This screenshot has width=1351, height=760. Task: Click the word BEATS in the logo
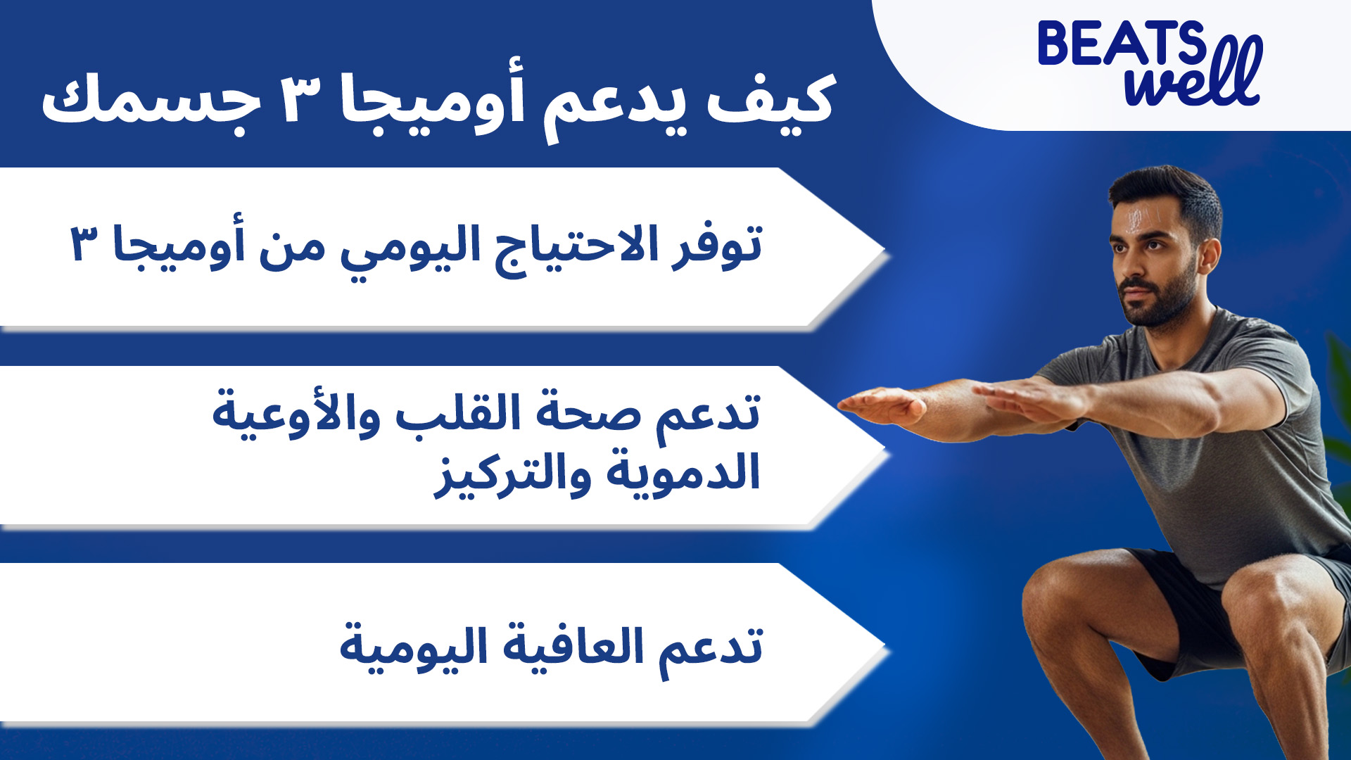point(1122,43)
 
